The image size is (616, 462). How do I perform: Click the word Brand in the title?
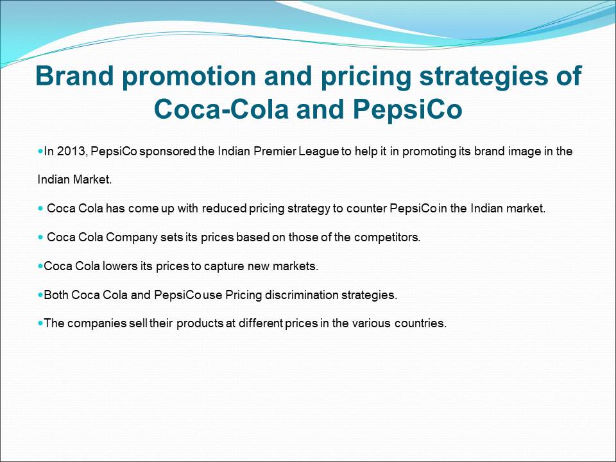point(74,76)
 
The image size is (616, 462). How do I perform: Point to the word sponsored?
point(167,152)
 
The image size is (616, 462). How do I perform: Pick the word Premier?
point(275,151)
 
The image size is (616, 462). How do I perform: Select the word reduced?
point(225,208)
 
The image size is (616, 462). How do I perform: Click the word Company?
point(132,237)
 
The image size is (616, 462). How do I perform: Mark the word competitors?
point(387,237)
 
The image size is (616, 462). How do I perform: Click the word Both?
point(56,295)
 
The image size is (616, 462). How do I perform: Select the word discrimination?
point(302,295)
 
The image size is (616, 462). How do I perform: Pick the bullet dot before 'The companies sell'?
point(40,323)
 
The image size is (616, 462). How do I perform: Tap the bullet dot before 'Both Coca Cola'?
point(40,295)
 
